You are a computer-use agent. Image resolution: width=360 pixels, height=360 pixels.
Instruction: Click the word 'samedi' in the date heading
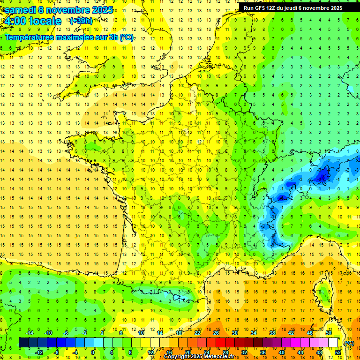20,10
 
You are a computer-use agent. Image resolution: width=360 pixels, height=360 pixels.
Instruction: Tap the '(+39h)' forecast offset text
81,21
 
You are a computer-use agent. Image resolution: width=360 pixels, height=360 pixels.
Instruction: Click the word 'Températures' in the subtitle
30,37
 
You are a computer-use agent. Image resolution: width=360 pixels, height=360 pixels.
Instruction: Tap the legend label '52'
338,352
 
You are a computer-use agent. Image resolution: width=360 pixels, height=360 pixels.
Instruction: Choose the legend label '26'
216,333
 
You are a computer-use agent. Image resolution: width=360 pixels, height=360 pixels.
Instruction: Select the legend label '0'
92,352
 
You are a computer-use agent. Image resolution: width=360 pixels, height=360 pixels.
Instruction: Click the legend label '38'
272,333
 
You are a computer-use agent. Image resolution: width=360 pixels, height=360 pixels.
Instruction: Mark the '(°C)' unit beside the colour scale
349,343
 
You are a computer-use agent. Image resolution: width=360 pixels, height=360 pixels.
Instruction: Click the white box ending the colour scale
333,343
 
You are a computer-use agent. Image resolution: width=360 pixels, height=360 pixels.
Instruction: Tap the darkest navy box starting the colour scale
23,343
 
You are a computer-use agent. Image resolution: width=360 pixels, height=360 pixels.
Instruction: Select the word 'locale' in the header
46,21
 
